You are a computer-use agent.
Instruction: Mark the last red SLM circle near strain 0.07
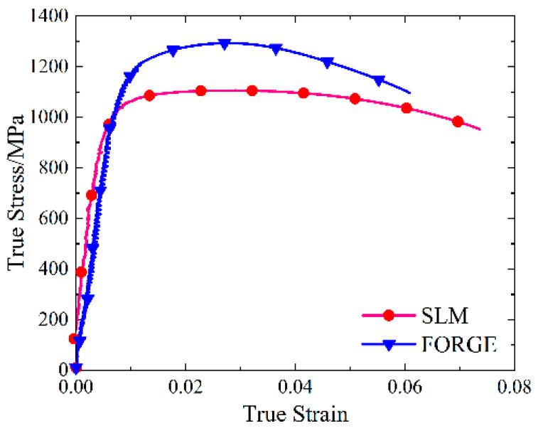458,122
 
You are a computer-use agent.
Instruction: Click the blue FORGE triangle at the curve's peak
225,44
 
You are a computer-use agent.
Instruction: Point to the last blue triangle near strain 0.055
379,81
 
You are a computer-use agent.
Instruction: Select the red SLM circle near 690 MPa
91,195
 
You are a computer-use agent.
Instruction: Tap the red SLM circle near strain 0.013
149,95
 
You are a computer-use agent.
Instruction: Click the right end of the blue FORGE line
410,92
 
